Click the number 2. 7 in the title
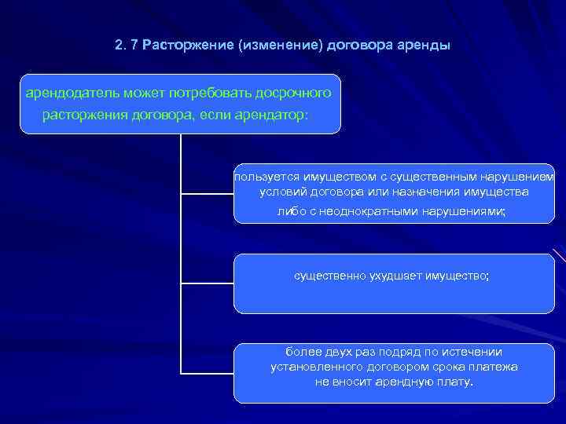point(125,45)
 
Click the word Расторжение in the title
point(188,45)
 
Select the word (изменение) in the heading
point(277,45)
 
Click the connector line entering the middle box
point(208,282)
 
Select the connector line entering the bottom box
point(208,372)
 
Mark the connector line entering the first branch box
point(208,192)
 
